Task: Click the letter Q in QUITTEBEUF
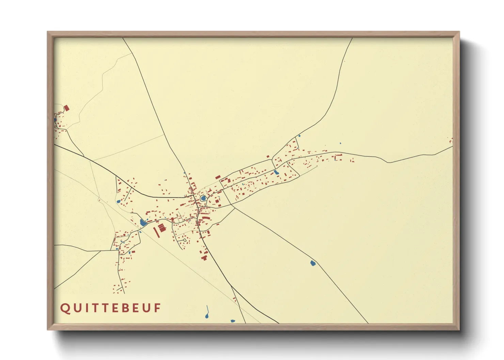pyautogui.click(x=65, y=308)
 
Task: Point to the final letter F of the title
pyautogui.click(x=157, y=308)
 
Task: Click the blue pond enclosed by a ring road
pyautogui.click(x=203, y=198)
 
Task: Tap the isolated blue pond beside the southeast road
pyautogui.click(x=313, y=263)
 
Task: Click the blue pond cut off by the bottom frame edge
pyautogui.click(x=233, y=321)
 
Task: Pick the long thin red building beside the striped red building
pyautogui.click(x=156, y=232)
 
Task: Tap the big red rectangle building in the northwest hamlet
pyautogui.click(x=66, y=108)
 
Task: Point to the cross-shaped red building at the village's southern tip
pyautogui.click(x=204, y=258)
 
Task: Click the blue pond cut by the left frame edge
pyautogui.click(x=55, y=120)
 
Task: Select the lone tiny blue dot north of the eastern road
pyautogui.click(x=340, y=143)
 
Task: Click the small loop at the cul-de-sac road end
pyautogui.click(x=185, y=240)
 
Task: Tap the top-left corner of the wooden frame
pyautogui.click(x=48, y=32)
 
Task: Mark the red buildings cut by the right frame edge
pyautogui.click(x=451, y=140)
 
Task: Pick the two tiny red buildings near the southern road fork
pyautogui.click(x=235, y=299)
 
